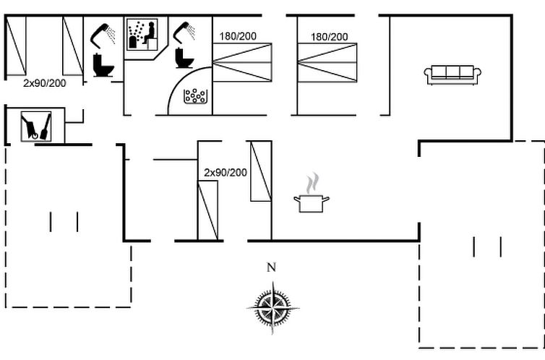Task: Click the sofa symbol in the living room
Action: coord(452,74)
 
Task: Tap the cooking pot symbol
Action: coord(312,203)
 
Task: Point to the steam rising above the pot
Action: coord(312,183)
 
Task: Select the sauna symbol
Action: coord(142,35)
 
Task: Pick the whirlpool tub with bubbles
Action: coord(195,96)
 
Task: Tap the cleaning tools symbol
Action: coord(36,127)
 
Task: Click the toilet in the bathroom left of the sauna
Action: coord(103,65)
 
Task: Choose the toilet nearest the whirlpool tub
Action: coord(184,58)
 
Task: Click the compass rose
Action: coord(272,308)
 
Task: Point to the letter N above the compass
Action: coord(272,267)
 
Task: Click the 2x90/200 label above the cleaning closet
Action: coord(45,83)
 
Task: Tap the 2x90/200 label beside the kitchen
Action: coord(226,172)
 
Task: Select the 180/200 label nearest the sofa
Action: coord(329,37)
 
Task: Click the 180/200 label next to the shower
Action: coord(238,36)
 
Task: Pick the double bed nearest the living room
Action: coord(327,63)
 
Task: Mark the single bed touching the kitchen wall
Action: coord(261,171)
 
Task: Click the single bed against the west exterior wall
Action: coord(16,46)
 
